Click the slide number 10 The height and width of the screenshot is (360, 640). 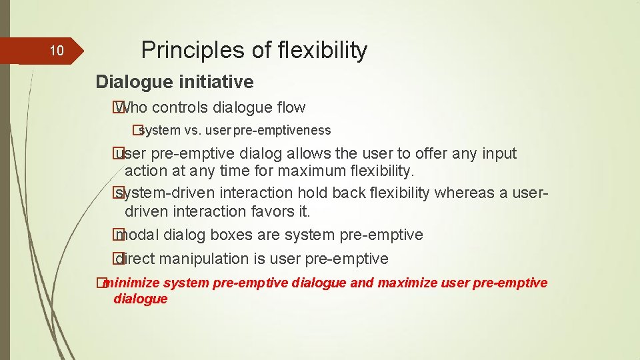[57, 51]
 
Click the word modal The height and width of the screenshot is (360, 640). [138, 235]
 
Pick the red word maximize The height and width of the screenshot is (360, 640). [407, 283]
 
